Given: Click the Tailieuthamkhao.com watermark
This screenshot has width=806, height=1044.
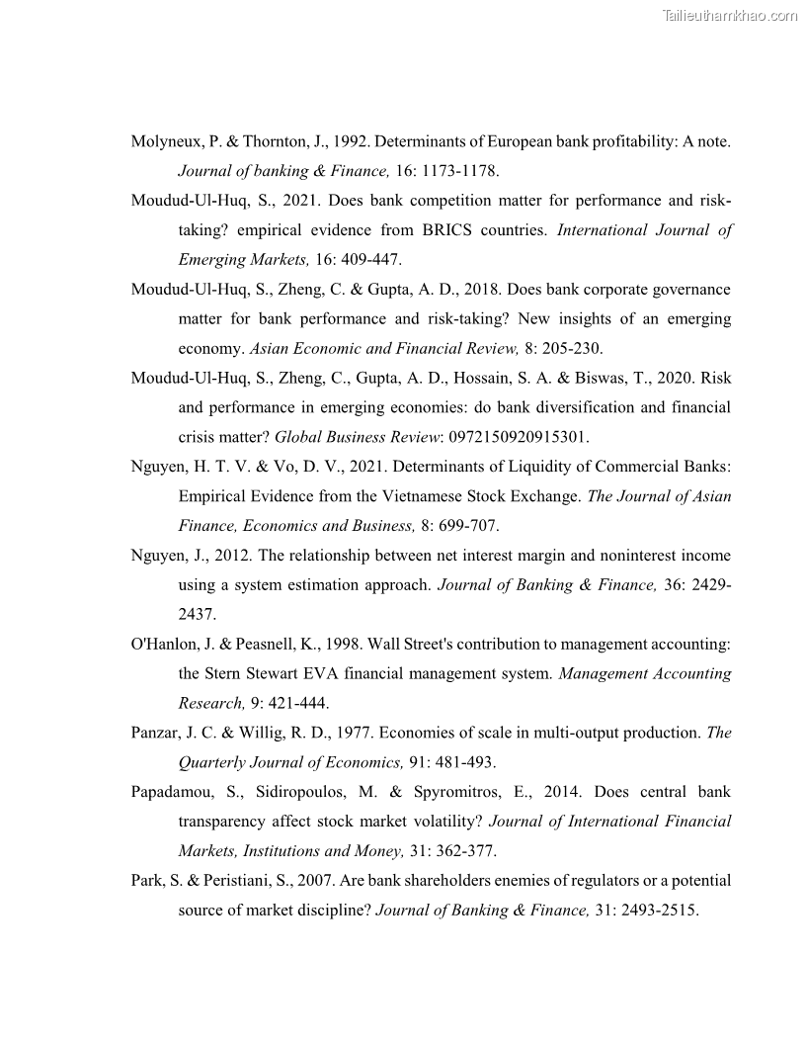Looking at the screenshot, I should (x=730, y=15).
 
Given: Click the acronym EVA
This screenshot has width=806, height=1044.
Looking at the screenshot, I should (x=331, y=674).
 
